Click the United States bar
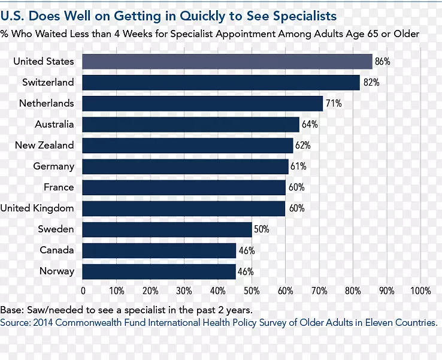227,61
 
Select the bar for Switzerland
221,82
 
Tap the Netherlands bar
202,103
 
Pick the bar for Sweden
167,229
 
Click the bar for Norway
159,271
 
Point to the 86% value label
383,62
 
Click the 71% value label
334,104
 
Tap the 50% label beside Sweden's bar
262,229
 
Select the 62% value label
303,146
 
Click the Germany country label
54,167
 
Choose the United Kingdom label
37,208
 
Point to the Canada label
57,250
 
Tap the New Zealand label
45,146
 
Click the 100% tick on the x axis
420,291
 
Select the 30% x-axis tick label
184,291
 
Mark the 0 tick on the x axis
83,291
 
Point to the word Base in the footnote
11,310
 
